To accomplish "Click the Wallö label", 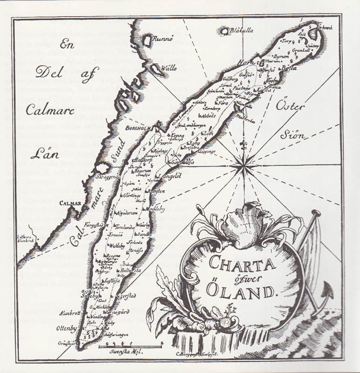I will (x=168, y=68).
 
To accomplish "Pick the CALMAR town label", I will (x=70, y=203).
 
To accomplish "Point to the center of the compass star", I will (x=243, y=164).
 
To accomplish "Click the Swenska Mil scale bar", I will (x=131, y=346).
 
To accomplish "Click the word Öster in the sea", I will (x=290, y=106).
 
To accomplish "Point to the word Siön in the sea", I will (x=292, y=136).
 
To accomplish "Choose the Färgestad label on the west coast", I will (x=93, y=225).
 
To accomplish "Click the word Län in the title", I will (x=48, y=153).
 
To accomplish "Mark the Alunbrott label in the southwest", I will (x=71, y=312).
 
